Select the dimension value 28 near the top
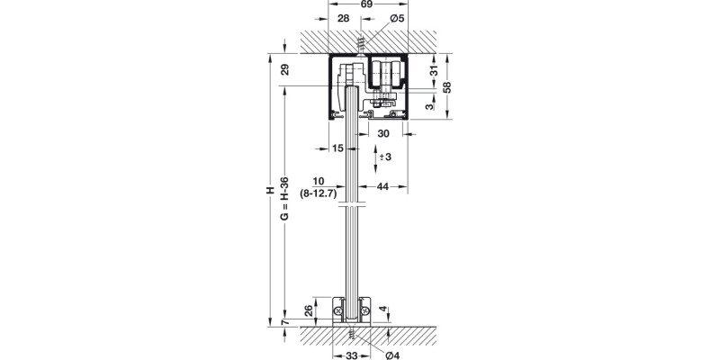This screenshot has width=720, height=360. tap(343, 19)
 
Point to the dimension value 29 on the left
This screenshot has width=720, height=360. tap(283, 69)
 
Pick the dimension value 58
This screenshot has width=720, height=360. tap(447, 87)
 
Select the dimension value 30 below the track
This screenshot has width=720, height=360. tap(384, 133)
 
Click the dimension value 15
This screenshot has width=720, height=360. tap(337, 148)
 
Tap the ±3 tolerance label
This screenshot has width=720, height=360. tap(384, 157)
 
